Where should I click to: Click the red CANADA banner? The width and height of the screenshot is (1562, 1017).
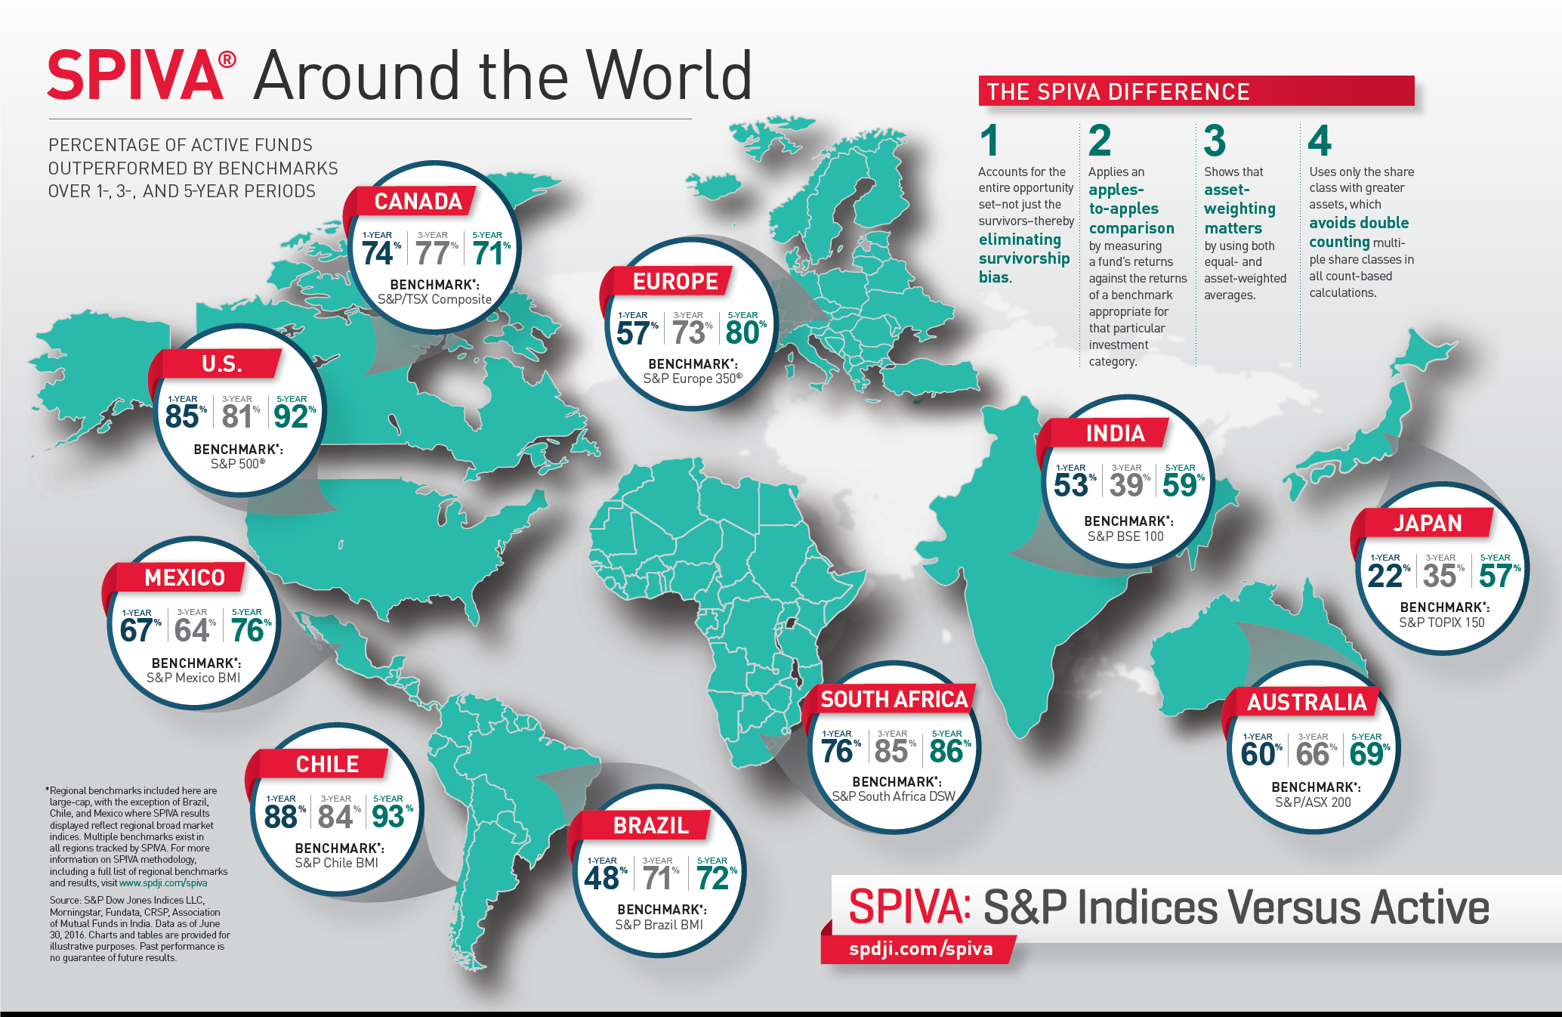click(x=418, y=202)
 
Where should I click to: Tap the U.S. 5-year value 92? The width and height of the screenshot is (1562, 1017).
click(x=291, y=416)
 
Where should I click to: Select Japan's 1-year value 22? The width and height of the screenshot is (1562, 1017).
click(x=1384, y=576)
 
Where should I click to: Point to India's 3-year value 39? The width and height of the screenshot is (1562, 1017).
click(x=1125, y=485)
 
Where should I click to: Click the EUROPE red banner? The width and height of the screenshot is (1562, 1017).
click(x=674, y=282)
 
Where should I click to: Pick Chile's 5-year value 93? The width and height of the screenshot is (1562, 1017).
click(x=388, y=817)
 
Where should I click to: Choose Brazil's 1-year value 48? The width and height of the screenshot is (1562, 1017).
click(x=602, y=879)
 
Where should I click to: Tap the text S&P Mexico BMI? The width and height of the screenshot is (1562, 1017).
click(x=193, y=678)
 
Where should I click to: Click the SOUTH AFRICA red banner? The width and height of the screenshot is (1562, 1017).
click(x=894, y=700)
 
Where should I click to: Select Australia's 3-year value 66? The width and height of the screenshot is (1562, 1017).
click(x=1312, y=754)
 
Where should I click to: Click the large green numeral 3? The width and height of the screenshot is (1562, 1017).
click(x=1215, y=141)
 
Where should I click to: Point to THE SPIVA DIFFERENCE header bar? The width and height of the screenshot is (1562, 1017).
click(x=1196, y=91)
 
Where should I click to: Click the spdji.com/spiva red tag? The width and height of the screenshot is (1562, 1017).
click(x=920, y=949)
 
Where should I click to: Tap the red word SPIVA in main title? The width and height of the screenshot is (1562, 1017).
click(x=136, y=76)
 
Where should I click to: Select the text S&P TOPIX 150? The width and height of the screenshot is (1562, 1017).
click(x=1441, y=623)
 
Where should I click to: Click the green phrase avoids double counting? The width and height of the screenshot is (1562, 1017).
click(x=1358, y=232)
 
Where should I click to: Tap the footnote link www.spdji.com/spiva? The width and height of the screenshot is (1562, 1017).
click(x=163, y=883)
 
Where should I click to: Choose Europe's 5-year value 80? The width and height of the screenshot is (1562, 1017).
click(x=742, y=333)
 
